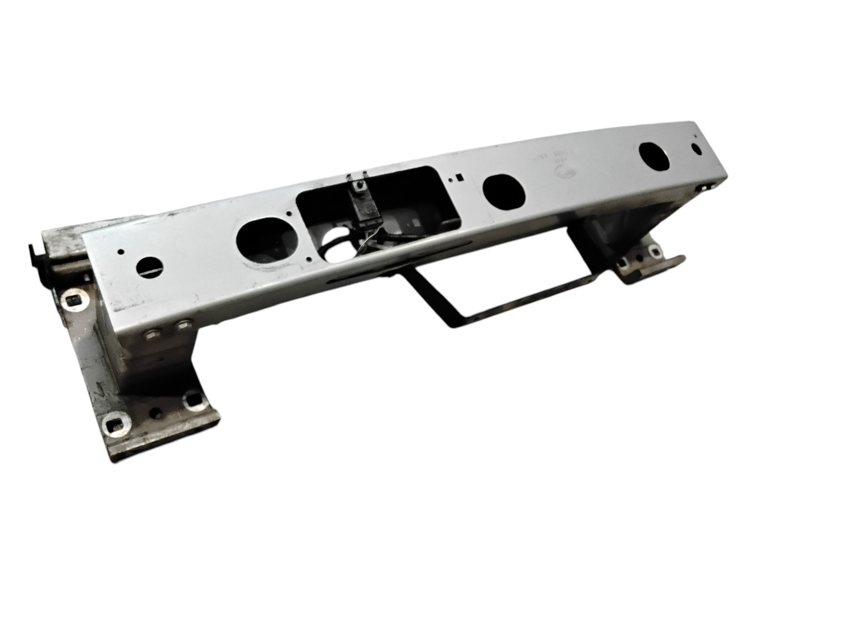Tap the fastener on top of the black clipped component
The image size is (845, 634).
click(x=360, y=185)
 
